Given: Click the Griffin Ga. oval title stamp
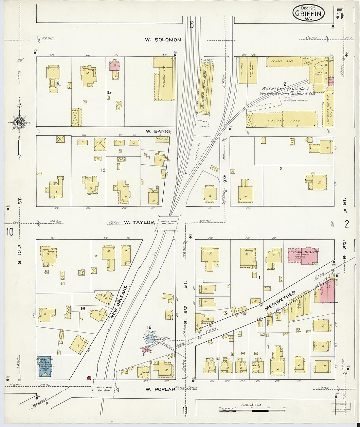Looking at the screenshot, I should [x=308, y=13].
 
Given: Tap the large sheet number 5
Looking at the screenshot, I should [x=339, y=15].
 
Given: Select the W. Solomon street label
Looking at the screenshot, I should [x=163, y=40].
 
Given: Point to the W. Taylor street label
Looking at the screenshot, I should [x=139, y=222].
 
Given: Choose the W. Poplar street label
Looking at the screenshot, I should [x=160, y=389].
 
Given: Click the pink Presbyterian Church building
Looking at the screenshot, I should [x=303, y=256].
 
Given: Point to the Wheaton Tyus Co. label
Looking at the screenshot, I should [x=283, y=89].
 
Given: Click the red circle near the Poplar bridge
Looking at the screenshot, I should [x=89, y=378].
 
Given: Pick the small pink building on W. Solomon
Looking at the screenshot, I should [x=114, y=65].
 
